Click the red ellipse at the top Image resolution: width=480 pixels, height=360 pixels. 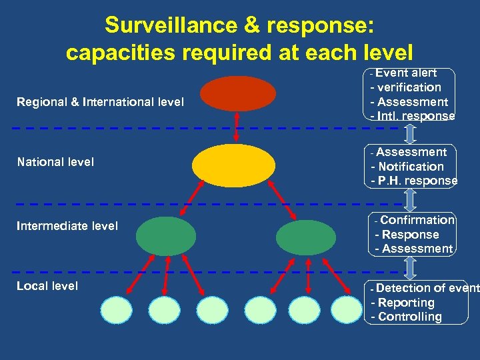(237, 93)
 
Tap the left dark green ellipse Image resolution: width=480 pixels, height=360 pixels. (166, 236)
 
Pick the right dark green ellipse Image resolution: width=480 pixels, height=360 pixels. (306, 236)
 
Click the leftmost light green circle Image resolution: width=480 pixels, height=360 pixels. (116, 309)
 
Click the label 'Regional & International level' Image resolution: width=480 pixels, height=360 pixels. (101, 102)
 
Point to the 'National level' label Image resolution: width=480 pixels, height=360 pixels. (56, 161)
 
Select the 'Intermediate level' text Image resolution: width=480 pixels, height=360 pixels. (67, 226)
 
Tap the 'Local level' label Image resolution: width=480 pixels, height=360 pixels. (47, 286)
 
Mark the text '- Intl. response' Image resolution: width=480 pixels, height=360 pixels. (413, 116)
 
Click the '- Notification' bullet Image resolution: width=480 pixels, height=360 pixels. (407, 167)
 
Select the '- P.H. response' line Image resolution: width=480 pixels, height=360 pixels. (414, 181)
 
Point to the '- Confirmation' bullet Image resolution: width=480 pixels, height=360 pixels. (414, 220)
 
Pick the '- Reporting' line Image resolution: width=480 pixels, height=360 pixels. (403, 303)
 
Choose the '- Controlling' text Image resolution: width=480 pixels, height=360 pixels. (406, 317)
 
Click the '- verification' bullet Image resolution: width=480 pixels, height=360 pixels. (406, 87)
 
